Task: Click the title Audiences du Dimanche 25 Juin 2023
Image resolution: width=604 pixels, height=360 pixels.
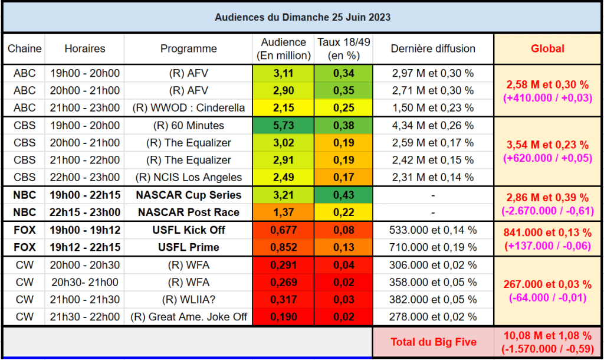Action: tap(301, 17)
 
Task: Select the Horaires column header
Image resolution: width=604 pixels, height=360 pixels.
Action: tap(85, 49)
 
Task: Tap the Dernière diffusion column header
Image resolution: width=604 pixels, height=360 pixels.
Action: tap(433, 49)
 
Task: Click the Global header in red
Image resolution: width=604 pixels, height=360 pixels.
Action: tap(547, 49)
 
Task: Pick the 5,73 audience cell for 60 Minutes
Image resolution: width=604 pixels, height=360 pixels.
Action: tap(283, 126)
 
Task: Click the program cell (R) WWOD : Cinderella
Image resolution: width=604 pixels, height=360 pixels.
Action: tap(189, 108)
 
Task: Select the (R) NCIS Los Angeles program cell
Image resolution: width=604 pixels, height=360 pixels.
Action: tap(189, 178)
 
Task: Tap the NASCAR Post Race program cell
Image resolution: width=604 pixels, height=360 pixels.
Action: tap(189, 212)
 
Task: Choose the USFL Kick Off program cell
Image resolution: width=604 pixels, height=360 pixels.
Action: tap(189, 230)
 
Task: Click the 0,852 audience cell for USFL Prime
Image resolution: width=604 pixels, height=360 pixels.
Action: tap(283, 247)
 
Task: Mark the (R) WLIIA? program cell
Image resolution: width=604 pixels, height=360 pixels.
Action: tap(189, 300)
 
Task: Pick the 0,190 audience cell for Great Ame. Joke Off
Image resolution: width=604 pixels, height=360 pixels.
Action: tap(283, 317)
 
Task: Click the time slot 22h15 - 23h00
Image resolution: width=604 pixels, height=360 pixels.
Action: tap(85, 212)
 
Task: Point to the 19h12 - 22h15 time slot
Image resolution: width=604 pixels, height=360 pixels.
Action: tap(85, 247)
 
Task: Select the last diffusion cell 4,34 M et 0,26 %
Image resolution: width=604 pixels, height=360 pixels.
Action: tap(433, 126)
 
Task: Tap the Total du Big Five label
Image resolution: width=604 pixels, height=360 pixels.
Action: tap(433, 342)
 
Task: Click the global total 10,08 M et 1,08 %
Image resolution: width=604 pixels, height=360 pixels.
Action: tap(547, 336)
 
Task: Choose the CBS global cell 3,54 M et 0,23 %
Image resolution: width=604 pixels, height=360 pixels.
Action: tap(547, 145)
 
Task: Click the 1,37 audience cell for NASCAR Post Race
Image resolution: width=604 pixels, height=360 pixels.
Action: tap(283, 212)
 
